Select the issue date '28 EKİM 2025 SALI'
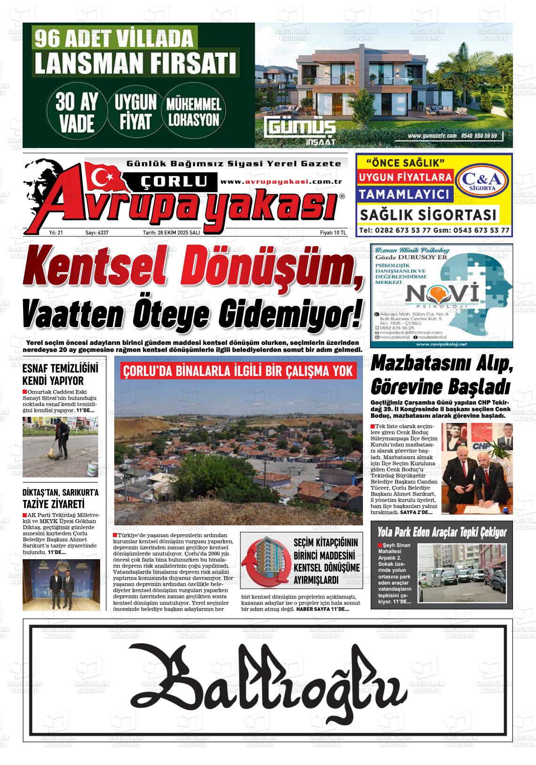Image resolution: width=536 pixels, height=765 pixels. (x=171, y=233)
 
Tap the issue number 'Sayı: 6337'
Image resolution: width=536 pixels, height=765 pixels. (x=97, y=233)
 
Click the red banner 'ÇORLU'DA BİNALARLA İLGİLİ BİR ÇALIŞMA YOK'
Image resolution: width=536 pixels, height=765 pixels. (x=237, y=371)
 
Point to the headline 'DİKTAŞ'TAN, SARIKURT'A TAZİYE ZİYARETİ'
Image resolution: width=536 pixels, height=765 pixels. (x=61, y=499)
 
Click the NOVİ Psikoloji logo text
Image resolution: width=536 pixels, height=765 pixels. (x=442, y=295)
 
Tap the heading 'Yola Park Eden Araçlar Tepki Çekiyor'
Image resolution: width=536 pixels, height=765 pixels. (x=442, y=532)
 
